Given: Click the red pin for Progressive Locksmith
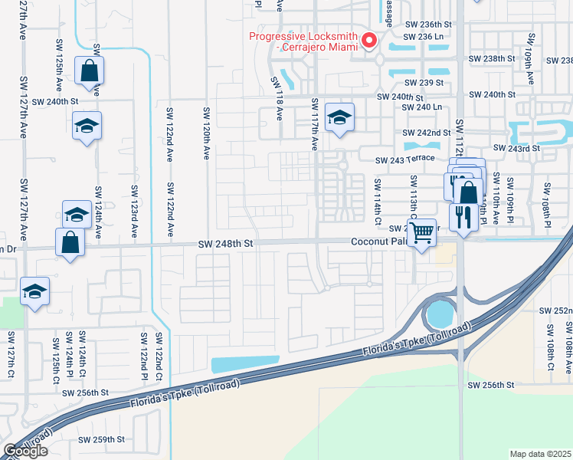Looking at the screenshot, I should [x=369, y=40].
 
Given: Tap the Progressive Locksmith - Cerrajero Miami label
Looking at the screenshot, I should [x=303, y=41].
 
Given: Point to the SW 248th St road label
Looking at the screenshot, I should [x=224, y=244].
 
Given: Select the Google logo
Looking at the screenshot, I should [x=25, y=451].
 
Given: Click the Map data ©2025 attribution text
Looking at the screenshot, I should [x=540, y=454].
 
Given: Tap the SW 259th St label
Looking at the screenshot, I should [x=101, y=439].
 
